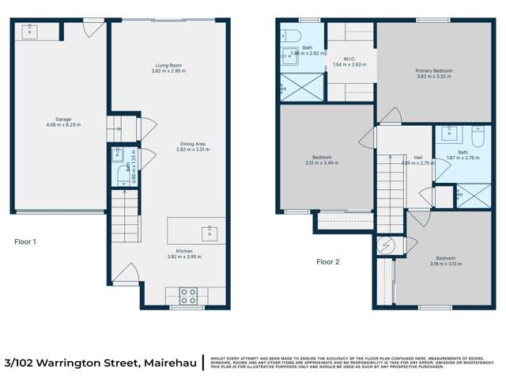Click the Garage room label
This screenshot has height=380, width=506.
[x=62, y=119]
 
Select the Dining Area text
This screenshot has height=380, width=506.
[x=192, y=143]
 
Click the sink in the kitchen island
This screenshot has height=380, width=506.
[x=210, y=232]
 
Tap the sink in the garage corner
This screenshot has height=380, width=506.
[x=31, y=31]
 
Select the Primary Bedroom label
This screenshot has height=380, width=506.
[x=432, y=70]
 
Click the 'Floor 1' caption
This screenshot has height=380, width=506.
[x=26, y=241]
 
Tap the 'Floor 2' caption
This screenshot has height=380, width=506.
[x=327, y=261]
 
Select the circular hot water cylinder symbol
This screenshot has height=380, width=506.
[x=387, y=245]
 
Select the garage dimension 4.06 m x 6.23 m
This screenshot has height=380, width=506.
[x=62, y=124]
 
